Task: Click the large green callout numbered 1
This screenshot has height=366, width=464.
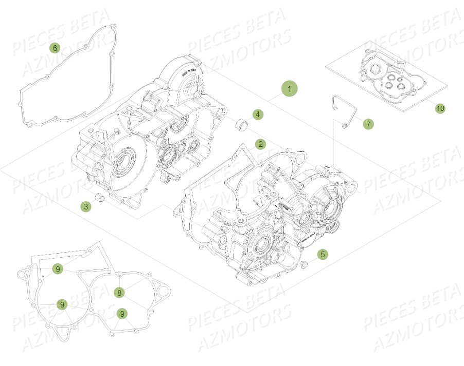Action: (289, 89)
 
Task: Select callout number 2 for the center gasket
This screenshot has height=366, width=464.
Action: (261, 144)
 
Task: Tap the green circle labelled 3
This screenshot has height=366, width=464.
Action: (86, 207)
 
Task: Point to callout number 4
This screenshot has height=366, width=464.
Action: (258, 114)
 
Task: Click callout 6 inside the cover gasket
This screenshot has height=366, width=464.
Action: (55, 48)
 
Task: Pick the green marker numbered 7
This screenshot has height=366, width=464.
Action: (368, 124)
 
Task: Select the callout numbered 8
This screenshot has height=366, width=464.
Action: (119, 293)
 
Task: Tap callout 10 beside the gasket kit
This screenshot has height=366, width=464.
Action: (440, 108)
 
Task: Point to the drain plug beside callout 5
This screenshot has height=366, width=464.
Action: (304, 265)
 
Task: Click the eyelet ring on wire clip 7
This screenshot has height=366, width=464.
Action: (346, 125)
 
